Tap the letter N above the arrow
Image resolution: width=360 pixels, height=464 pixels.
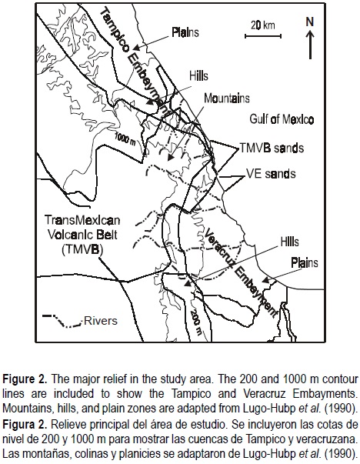[310, 22]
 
